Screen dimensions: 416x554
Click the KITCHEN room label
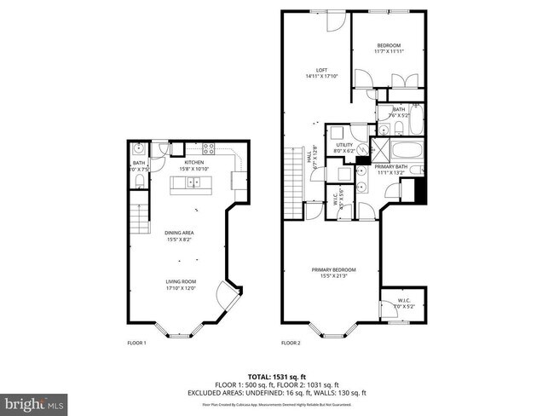tap(194, 162)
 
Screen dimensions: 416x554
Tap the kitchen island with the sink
tap(193, 182)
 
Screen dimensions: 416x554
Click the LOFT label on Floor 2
tap(321, 71)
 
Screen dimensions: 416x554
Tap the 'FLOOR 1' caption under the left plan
tap(136, 344)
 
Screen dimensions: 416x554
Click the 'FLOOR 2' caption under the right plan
tap(291, 344)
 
